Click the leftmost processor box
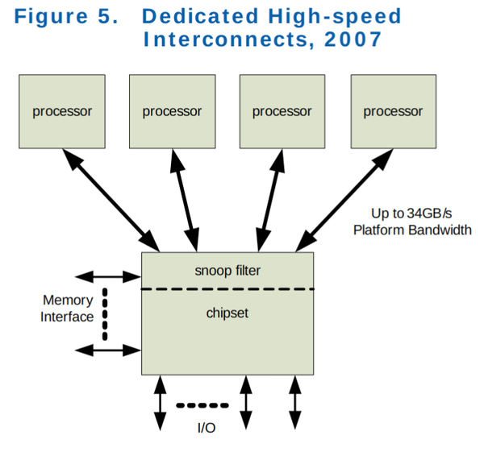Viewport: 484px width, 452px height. (x=62, y=111)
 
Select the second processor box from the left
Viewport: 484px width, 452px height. (x=172, y=111)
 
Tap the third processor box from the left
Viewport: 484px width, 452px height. (x=282, y=111)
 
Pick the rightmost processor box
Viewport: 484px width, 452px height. (x=393, y=111)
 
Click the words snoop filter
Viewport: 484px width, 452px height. (x=228, y=271)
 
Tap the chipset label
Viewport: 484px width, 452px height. (x=227, y=313)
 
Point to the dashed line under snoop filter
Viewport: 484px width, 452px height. (x=227, y=288)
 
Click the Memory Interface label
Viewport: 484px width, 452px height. (x=67, y=309)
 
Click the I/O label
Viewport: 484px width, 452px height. (x=207, y=428)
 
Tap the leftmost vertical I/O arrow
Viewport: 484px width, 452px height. (x=160, y=403)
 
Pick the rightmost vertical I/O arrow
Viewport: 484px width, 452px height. (x=295, y=403)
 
